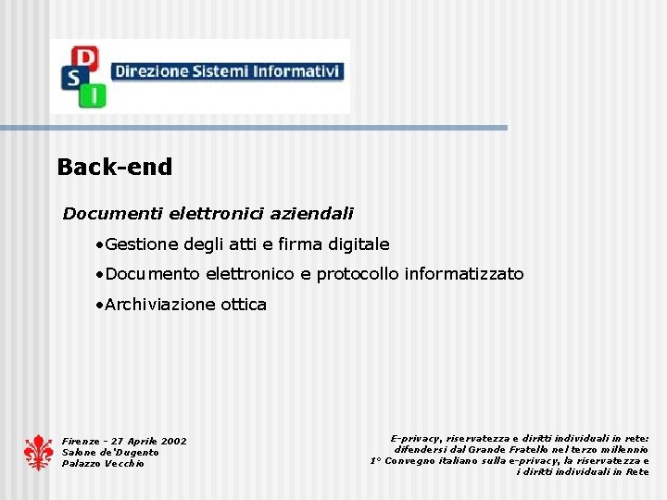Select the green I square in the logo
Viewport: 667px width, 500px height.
point(95,94)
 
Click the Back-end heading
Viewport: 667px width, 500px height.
point(115,168)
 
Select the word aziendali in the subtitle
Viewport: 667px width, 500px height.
point(312,214)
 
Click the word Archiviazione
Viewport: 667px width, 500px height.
point(159,305)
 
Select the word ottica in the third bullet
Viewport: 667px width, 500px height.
point(243,305)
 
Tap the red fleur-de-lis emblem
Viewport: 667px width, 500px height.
point(38,452)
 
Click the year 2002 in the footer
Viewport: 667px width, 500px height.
point(172,442)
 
